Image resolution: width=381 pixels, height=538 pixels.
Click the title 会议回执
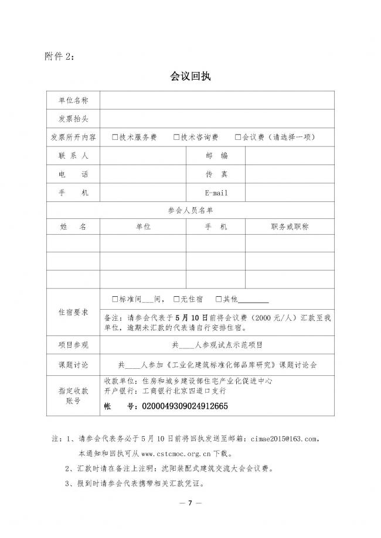pos(190,76)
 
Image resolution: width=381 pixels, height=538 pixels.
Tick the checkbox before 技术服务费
pos(115,138)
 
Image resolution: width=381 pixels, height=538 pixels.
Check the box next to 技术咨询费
pos(176,138)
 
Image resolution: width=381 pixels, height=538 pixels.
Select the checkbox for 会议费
pos(238,138)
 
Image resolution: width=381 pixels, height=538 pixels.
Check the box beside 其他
pos(219,299)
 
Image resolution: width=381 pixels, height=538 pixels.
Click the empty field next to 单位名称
pos(217,100)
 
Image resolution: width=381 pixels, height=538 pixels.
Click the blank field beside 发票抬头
pos(217,119)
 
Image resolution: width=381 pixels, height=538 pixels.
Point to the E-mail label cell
pos(216,193)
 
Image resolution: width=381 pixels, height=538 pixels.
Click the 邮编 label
pos(216,156)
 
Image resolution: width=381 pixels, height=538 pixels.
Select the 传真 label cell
pos(216,174)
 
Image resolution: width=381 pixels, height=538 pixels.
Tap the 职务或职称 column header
pos(290,227)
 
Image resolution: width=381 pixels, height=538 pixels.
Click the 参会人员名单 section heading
pos(190,210)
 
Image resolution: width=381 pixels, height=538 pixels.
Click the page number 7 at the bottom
pos(190,503)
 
